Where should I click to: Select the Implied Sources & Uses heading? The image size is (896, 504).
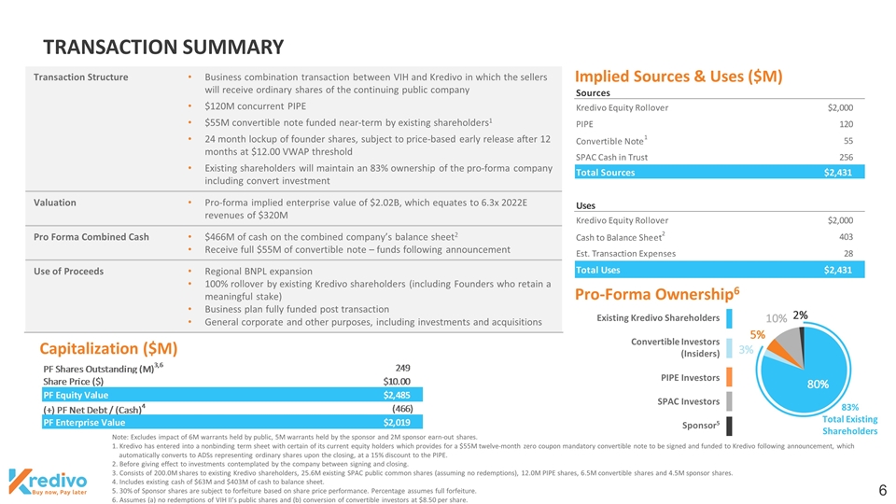coord(678,76)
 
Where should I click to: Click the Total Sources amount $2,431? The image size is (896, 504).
coord(837,173)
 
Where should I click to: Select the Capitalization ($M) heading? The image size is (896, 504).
coord(108,348)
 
